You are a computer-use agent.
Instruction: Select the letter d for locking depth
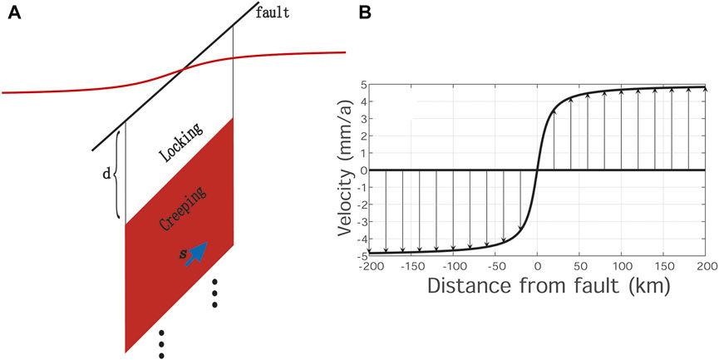click(105, 175)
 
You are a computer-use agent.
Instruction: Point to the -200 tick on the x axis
click(369, 266)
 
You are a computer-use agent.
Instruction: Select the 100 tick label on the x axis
click(621, 266)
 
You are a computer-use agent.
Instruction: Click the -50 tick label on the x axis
click(495, 266)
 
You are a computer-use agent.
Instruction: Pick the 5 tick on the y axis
click(362, 84)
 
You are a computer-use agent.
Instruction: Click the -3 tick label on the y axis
click(360, 220)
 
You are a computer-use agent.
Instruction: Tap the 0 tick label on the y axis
click(362, 170)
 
